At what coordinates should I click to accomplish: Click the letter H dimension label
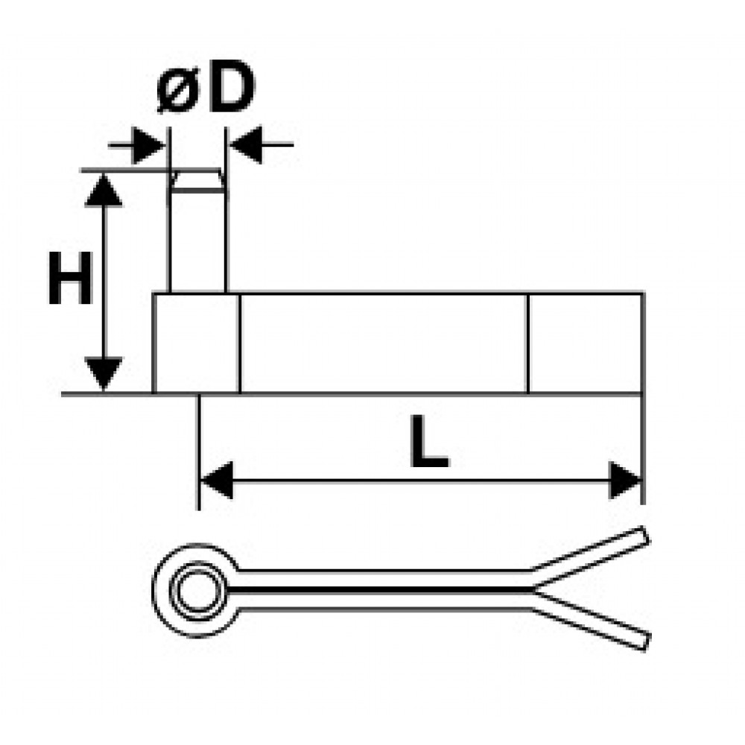point(70,279)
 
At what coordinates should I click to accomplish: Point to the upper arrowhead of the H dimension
point(103,191)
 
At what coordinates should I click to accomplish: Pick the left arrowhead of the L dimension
point(217,481)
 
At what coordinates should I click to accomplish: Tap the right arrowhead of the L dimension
point(625,481)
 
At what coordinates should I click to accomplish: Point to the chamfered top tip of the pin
point(197,180)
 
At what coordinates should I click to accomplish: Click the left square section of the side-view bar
point(197,343)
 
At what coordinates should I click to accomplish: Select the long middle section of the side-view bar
point(384,343)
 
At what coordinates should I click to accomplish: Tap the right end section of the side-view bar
point(585,343)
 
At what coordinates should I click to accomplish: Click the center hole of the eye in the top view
point(196,591)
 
